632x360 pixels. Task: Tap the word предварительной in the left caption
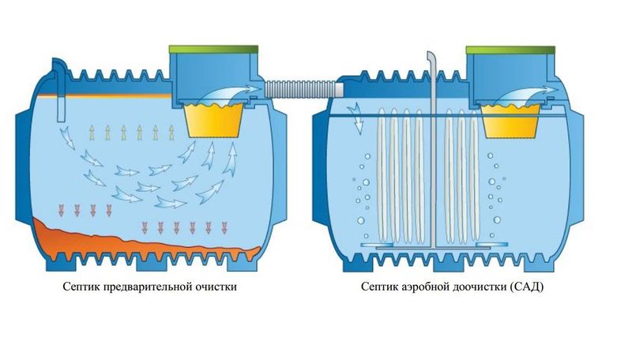pos(150,287)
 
